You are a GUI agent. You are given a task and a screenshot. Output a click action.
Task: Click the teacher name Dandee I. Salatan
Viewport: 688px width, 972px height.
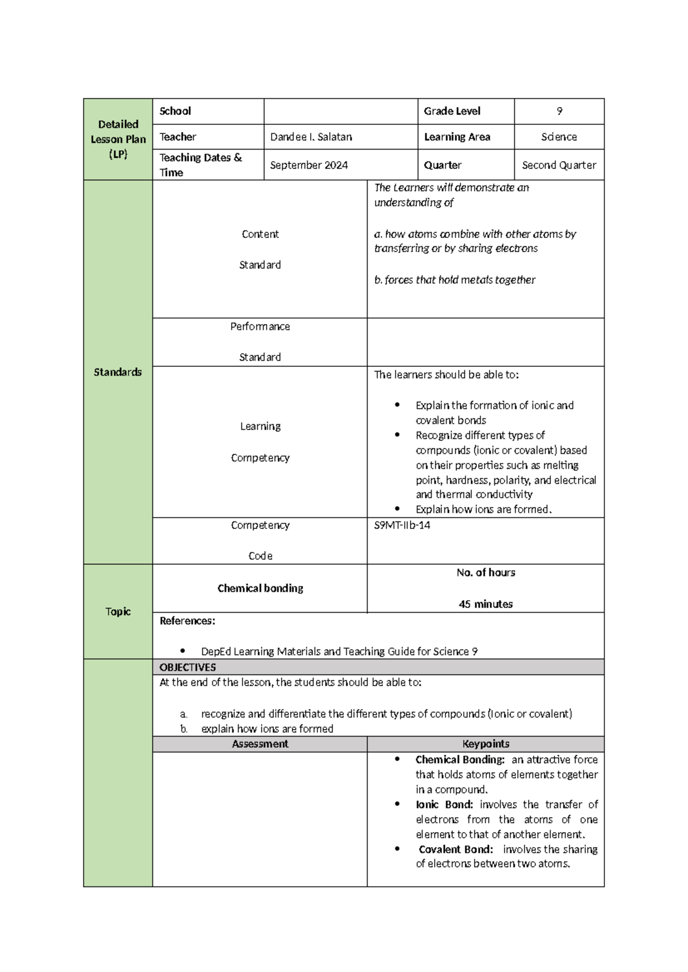click(x=311, y=137)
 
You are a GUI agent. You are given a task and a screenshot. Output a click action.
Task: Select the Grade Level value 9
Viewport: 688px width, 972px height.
click(x=559, y=111)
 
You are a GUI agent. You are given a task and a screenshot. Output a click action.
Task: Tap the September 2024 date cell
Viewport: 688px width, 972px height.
click(x=308, y=165)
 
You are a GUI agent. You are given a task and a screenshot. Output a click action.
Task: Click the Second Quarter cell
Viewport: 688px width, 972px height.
click(x=559, y=165)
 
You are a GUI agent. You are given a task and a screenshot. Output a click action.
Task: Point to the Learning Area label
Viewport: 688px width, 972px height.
click(x=457, y=137)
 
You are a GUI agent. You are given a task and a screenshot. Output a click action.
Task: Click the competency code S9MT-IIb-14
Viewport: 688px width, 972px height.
click(x=402, y=525)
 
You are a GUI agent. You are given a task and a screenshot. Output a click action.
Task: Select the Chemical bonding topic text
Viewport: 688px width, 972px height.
click(x=260, y=588)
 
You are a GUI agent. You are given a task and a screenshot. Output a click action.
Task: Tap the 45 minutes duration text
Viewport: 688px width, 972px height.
click(x=486, y=604)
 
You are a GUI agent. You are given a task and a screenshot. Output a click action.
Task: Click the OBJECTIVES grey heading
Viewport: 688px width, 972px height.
click(x=187, y=667)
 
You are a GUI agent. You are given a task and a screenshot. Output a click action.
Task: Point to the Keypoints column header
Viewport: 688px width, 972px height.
click(x=486, y=744)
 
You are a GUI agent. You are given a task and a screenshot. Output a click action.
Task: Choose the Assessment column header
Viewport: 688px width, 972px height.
click(x=260, y=744)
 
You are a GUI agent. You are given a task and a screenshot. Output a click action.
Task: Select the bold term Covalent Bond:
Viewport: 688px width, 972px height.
click(x=456, y=849)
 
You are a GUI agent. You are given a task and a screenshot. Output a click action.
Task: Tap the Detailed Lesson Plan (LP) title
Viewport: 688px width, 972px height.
click(x=118, y=139)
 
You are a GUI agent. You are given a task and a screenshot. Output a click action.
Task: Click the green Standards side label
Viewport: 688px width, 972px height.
click(x=118, y=372)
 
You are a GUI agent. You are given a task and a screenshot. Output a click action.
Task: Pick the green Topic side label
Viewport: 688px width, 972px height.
click(x=118, y=612)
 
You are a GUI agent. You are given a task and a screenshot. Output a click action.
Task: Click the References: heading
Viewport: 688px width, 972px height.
click(x=187, y=621)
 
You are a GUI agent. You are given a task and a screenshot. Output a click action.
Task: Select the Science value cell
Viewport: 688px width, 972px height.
click(x=559, y=137)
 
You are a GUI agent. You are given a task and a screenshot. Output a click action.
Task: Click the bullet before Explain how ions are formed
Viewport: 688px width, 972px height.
click(x=397, y=509)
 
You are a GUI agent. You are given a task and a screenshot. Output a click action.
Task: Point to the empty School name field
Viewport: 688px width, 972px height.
click(x=341, y=111)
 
